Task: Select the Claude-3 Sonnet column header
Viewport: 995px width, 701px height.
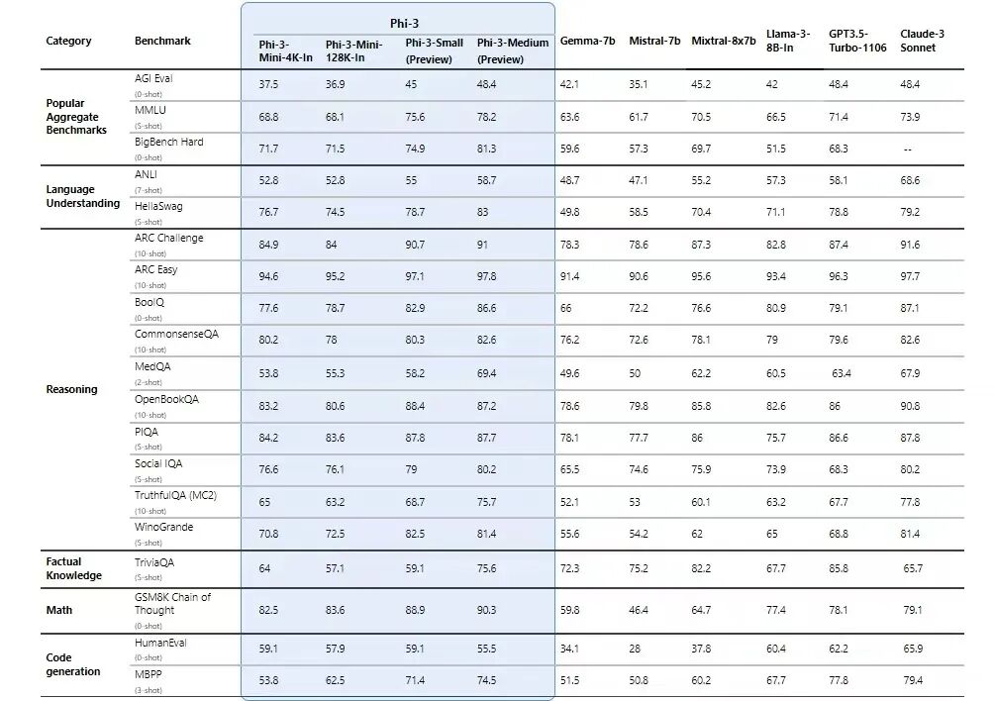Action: click(922, 41)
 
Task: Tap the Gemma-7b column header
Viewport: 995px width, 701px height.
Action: click(587, 41)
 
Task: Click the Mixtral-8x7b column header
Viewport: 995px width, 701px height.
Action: click(723, 41)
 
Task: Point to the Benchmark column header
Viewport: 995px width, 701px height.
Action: click(162, 41)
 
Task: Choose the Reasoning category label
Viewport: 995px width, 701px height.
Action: click(71, 389)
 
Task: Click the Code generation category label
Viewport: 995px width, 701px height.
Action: click(72, 664)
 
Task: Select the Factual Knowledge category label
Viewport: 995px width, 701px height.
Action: click(73, 568)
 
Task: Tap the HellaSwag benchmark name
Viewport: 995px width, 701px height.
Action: click(159, 206)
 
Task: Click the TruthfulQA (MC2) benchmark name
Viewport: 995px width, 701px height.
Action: click(175, 495)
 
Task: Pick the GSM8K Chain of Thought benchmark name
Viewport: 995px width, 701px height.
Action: click(172, 604)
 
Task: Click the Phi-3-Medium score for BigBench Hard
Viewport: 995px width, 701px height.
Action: click(487, 149)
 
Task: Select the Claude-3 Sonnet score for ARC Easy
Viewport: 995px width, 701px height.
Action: click(910, 276)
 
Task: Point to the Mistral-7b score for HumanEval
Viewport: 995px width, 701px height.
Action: click(635, 649)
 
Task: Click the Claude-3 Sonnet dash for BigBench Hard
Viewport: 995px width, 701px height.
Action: click(907, 150)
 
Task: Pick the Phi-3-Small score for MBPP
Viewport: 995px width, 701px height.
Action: click(415, 681)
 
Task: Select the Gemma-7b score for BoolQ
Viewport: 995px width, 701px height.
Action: click(565, 309)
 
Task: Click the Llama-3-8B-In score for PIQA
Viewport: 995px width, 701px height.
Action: click(776, 438)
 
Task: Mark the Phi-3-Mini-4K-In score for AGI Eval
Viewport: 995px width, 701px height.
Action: click(268, 85)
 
